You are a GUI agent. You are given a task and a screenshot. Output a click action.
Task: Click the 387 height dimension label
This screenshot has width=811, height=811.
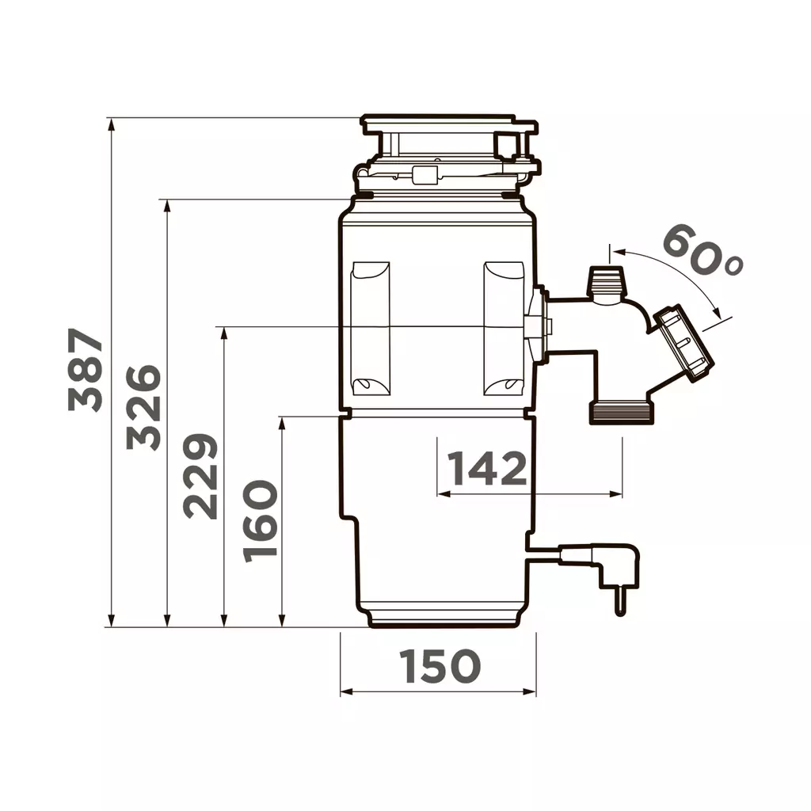pos(86,371)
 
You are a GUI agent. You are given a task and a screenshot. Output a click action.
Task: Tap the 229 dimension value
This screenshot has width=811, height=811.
pos(200,476)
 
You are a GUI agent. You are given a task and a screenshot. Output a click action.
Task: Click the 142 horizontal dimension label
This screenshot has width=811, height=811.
pos(487,469)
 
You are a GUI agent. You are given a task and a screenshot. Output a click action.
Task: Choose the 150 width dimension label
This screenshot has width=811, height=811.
pos(440,666)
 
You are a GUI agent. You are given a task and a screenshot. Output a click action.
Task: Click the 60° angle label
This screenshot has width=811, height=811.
pos(701,249)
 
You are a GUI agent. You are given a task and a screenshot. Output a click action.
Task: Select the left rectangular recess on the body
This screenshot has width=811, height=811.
pos(370,328)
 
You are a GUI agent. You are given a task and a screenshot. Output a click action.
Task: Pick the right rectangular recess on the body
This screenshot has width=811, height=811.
pos(504,328)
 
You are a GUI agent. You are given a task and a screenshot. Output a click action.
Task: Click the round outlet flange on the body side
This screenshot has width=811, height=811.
pos(541,326)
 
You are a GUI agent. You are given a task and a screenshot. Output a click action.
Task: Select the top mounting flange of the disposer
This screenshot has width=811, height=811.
pos(447,125)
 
